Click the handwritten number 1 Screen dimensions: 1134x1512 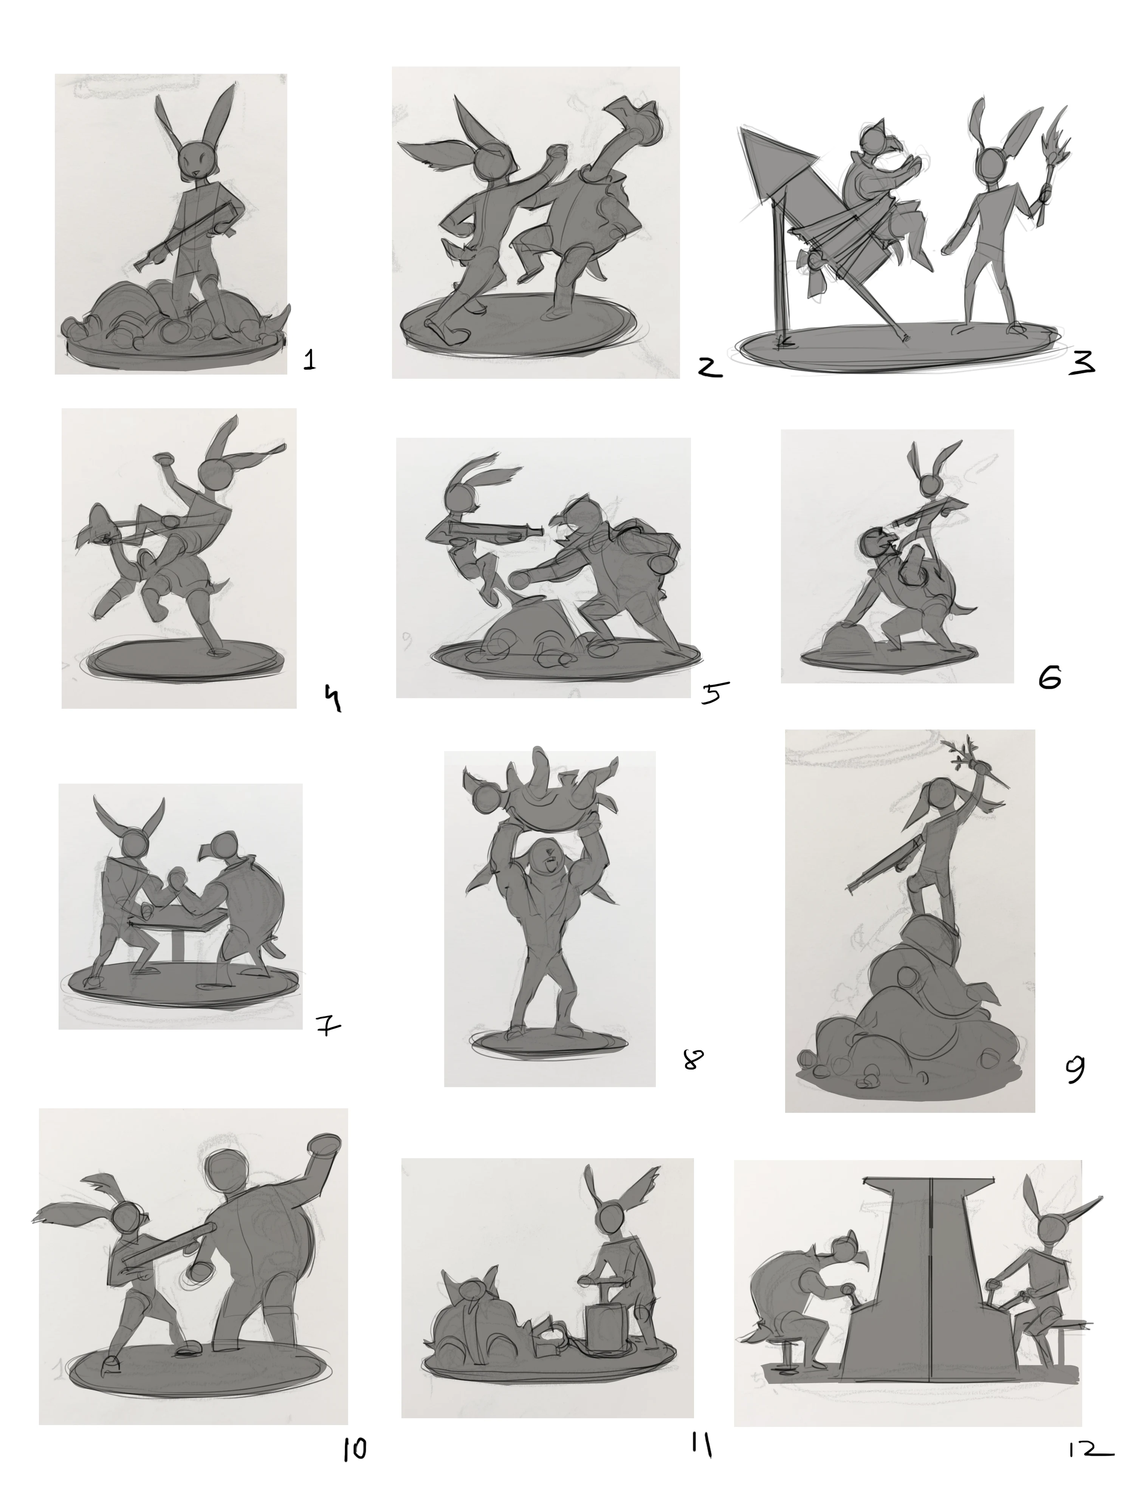tap(310, 359)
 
